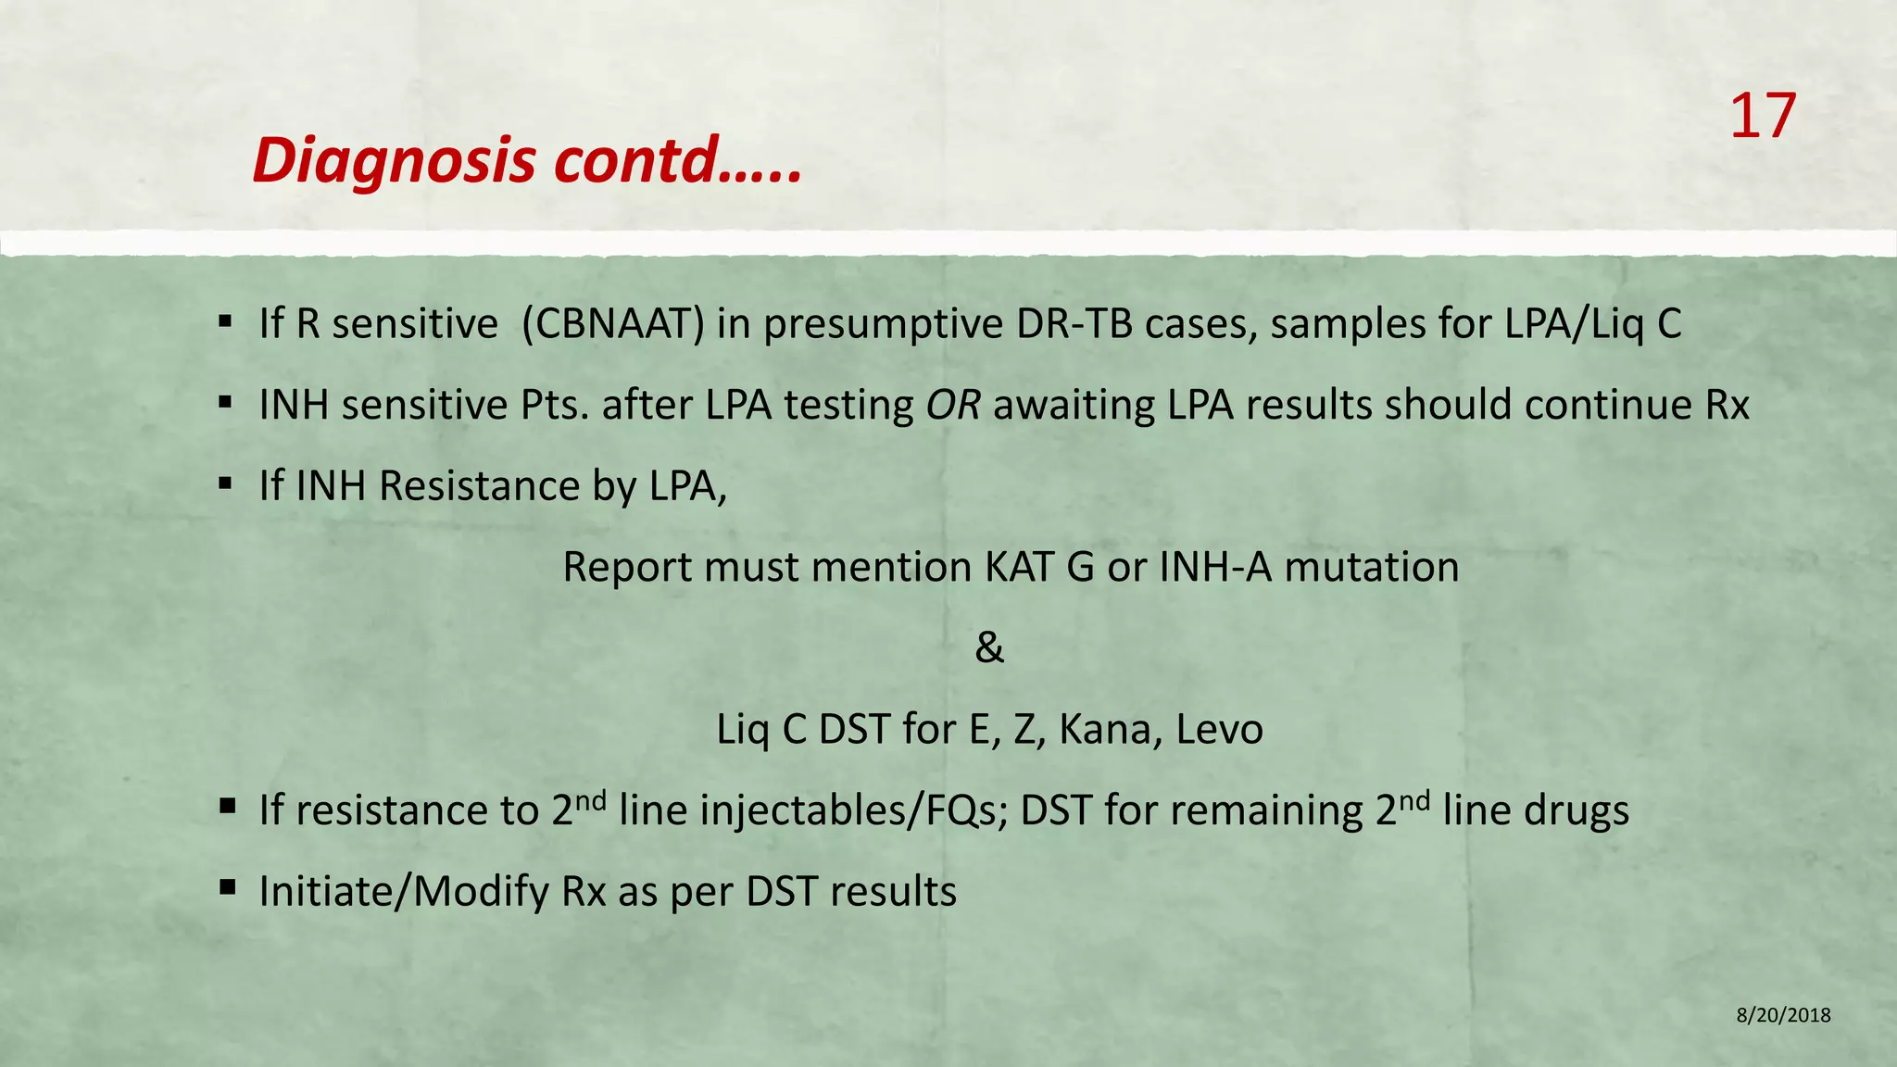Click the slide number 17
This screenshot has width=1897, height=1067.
click(x=1762, y=118)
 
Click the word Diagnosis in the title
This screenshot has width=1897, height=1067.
click(x=394, y=161)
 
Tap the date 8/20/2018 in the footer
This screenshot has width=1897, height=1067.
click(x=1783, y=1015)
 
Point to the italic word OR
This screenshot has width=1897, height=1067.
click(x=952, y=406)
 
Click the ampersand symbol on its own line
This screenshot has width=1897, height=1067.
click(x=989, y=648)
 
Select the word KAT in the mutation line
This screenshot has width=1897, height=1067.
click(x=1020, y=567)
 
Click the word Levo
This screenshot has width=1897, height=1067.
click(x=1219, y=730)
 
